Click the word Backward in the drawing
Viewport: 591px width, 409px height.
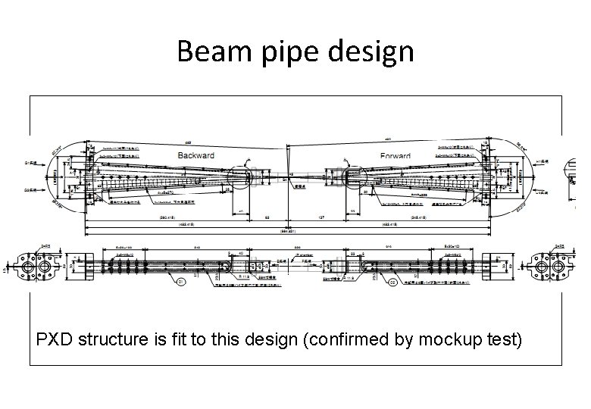click(196, 155)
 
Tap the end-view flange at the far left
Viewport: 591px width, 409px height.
click(35, 267)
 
